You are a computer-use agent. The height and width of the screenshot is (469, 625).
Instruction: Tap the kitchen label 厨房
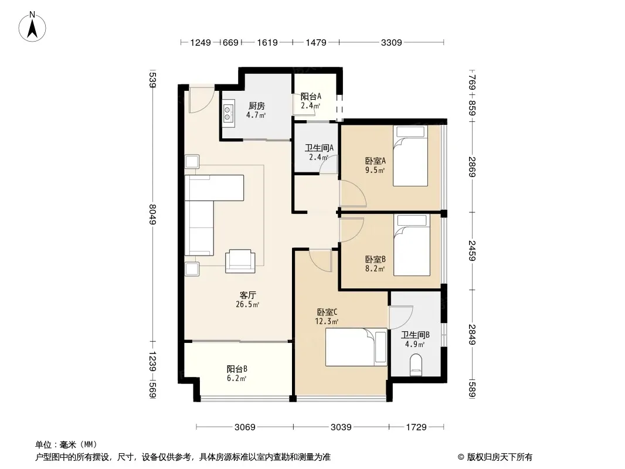(256, 106)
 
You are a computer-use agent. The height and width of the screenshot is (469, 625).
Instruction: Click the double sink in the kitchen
(227, 112)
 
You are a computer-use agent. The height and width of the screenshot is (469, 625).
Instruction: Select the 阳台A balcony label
(311, 96)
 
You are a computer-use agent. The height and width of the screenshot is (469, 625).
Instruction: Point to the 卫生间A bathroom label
(319, 148)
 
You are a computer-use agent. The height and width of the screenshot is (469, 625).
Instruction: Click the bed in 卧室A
(410, 156)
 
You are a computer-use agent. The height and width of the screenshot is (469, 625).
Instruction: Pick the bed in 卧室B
(412, 245)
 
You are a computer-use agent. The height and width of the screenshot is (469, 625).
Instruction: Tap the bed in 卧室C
(356, 346)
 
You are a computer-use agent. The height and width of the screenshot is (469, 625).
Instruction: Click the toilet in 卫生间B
(416, 365)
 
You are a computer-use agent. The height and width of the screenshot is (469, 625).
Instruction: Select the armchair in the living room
(240, 261)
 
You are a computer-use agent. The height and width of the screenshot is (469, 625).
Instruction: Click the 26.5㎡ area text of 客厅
(247, 305)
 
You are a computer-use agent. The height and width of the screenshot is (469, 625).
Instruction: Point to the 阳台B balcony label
(237, 369)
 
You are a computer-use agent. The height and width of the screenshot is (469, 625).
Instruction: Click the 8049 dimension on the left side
(152, 214)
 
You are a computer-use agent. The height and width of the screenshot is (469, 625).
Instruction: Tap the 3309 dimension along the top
(391, 42)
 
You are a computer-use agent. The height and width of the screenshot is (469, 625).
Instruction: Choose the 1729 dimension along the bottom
(416, 427)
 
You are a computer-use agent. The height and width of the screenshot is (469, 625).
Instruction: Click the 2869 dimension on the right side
(472, 166)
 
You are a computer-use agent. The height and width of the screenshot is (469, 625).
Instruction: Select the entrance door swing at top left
(201, 100)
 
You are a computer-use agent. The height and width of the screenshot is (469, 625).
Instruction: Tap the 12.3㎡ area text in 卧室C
(327, 322)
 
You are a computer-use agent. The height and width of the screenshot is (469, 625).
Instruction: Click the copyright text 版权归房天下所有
(499, 457)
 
